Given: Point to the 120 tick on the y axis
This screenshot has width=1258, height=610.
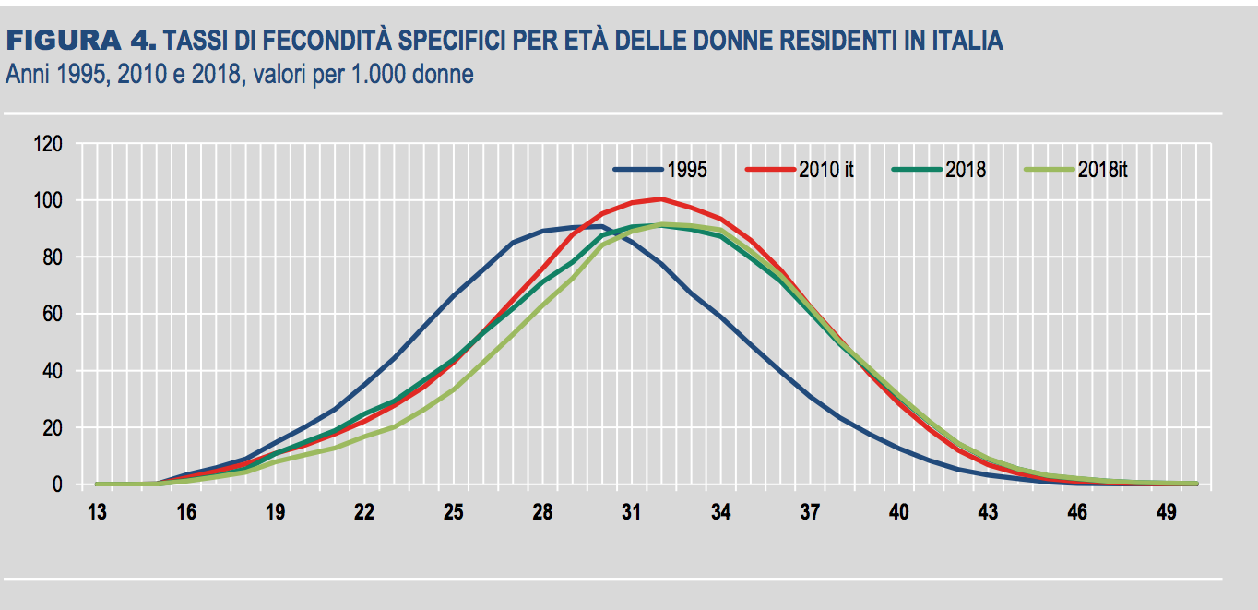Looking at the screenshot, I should pyautogui.click(x=48, y=144).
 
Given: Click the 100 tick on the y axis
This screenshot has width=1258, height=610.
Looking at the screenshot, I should pyautogui.click(x=48, y=201).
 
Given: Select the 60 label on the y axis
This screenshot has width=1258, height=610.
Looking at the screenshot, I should pyautogui.click(x=52, y=315).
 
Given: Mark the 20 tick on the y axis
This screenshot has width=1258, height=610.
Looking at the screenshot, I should pyautogui.click(x=52, y=428).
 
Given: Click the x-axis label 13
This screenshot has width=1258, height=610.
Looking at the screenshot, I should pyautogui.click(x=97, y=512).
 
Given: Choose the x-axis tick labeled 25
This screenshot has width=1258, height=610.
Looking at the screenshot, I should pyautogui.click(x=453, y=512).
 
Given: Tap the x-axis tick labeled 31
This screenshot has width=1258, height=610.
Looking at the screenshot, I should pyautogui.click(x=631, y=512).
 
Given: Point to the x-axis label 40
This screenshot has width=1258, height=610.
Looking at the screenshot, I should pyautogui.click(x=898, y=512).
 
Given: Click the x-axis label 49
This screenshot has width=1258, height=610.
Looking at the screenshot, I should pyautogui.click(x=1166, y=512).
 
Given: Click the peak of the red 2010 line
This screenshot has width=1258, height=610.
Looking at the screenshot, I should pyautogui.click(x=660, y=198).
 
